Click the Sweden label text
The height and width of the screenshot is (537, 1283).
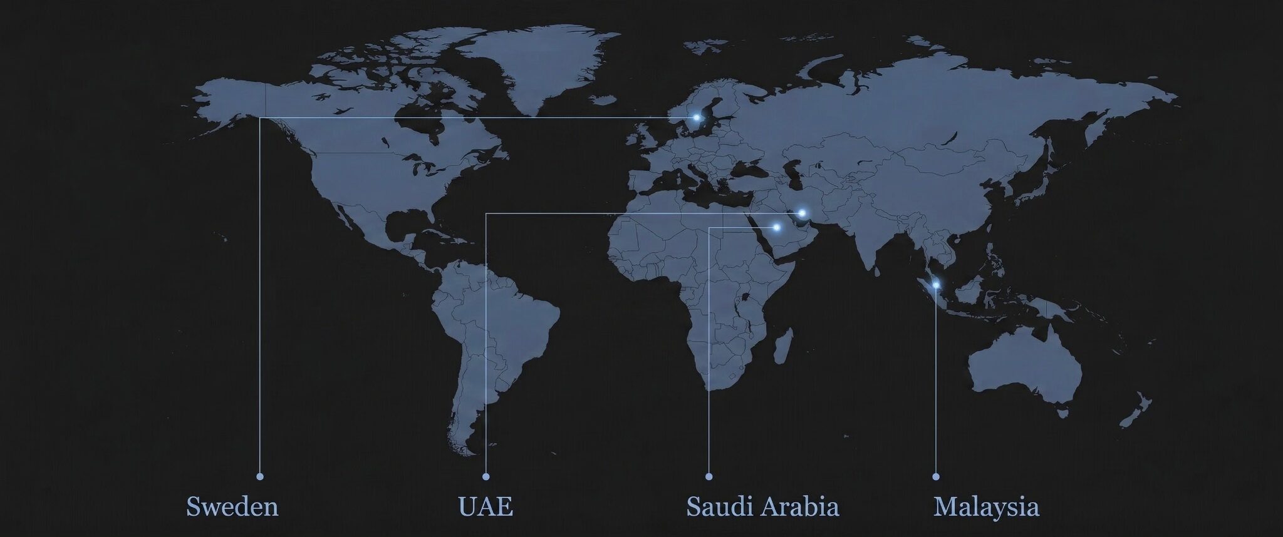point(232,506)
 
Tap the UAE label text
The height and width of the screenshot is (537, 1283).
point(486,506)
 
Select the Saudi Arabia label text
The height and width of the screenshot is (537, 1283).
point(762,506)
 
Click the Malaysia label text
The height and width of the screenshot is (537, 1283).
point(986,506)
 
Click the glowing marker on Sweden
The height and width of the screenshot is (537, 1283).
point(696,117)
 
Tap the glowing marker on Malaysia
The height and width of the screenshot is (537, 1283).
point(936,285)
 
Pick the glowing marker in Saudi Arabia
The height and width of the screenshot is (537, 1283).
point(776,227)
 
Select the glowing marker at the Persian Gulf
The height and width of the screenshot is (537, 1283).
point(802,213)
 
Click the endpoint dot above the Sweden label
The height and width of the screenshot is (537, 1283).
point(260,476)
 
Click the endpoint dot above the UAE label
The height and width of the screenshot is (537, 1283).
point(486,476)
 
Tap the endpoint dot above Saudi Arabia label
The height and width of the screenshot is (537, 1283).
point(709,476)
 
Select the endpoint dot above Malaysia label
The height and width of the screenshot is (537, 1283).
point(936,476)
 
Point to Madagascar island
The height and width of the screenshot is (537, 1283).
point(782,348)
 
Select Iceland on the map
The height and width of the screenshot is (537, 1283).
point(603,100)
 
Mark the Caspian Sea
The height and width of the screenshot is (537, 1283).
point(791,172)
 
